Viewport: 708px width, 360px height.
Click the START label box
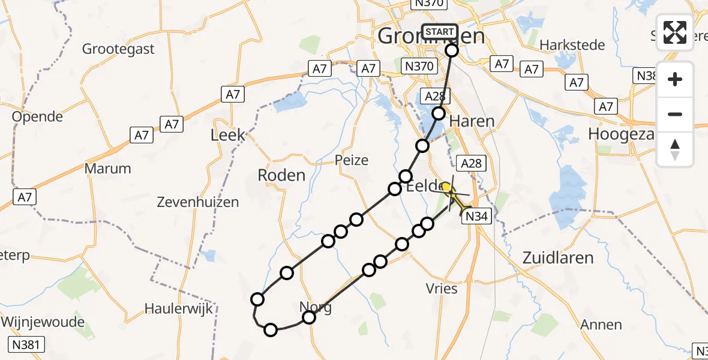point(439,32)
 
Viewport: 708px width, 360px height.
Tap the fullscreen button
point(675,32)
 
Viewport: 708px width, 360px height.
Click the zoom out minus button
point(675,114)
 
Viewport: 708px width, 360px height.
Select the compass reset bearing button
point(675,149)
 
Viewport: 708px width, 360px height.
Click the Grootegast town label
point(118,49)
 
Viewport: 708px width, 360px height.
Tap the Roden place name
point(281,175)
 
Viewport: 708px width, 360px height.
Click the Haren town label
point(472,121)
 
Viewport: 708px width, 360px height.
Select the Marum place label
point(107,169)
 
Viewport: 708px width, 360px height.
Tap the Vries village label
point(441,289)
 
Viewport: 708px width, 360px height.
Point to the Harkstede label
point(567,45)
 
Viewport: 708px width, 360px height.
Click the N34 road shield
point(476,217)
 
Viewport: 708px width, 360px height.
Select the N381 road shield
point(27,344)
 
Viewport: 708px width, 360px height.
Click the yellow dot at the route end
point(446,188)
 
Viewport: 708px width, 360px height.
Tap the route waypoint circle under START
point(451,51)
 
